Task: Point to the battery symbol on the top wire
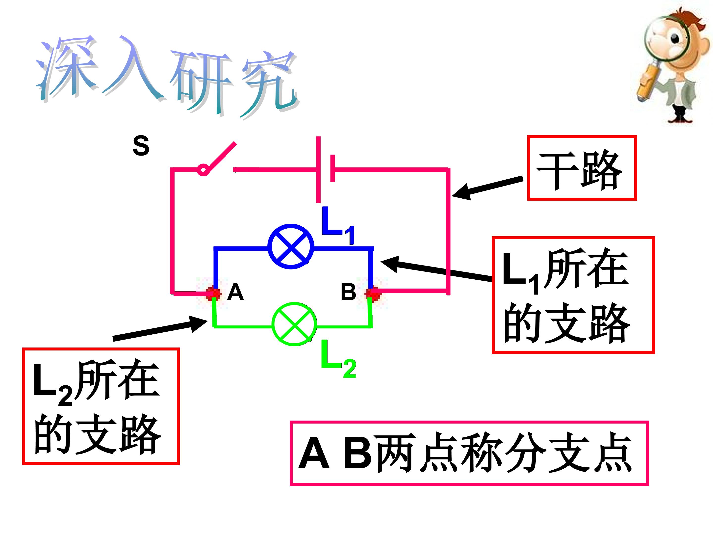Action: (x=326, y=169)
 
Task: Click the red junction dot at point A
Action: (x=213, y=294)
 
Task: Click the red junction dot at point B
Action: (x=373, y=294)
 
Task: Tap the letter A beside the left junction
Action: (x=235, y=292)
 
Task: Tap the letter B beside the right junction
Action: (x=348, y=292)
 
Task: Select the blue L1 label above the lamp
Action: (x=338, y=225)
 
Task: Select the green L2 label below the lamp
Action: (x=338, y=358)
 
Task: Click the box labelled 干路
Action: (x=582, y=168)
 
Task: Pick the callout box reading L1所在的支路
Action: (x=573, y=295)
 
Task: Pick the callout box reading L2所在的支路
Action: (x=101, y=406)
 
